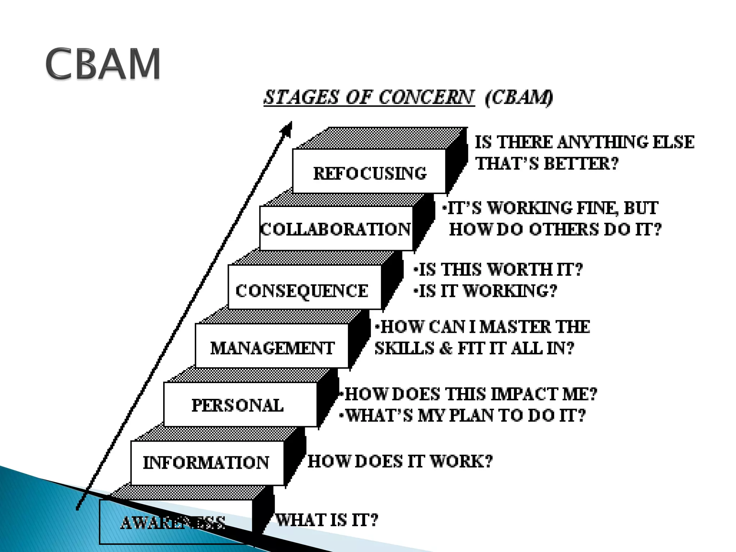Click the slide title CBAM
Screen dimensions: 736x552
click(103, 64)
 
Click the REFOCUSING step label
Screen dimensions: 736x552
click(370, 173)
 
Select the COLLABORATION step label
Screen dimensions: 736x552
click(336, 229)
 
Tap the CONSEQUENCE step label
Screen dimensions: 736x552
click(302, 291)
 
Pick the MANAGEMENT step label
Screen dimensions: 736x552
click(272, 348)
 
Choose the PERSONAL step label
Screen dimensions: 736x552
click(238, 405)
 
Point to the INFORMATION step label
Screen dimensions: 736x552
click(206, 463)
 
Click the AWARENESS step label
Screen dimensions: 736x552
click(173, 523)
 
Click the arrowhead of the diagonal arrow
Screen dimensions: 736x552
click(287, 129)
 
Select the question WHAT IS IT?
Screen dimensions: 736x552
click(327, 520)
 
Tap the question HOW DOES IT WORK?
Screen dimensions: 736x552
click(400, 461)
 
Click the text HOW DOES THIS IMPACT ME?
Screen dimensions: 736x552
click(470, 394)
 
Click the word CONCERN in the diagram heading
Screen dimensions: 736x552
click(426, 97)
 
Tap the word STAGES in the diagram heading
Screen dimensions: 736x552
click(301, 97)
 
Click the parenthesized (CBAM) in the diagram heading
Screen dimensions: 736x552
click(519, 97)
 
